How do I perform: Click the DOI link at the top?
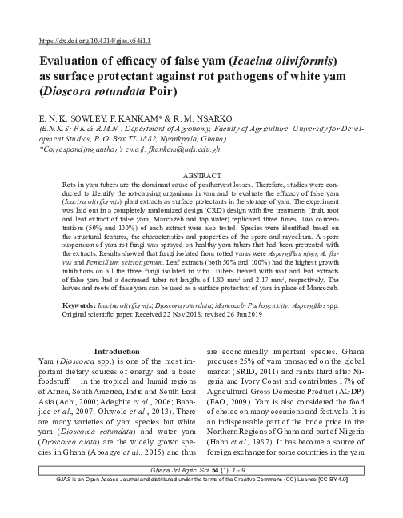(x=94, y=38)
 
